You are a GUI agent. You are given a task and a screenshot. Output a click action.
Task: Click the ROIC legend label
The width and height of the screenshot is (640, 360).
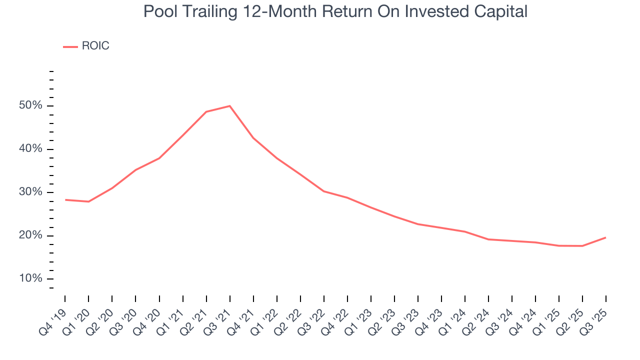point(95,46)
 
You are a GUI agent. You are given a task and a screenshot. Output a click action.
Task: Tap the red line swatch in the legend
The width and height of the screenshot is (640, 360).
point(70,46)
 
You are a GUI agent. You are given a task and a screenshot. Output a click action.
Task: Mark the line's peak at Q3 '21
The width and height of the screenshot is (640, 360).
point(229,106)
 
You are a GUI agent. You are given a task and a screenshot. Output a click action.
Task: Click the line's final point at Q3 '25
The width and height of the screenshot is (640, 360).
point(605,237)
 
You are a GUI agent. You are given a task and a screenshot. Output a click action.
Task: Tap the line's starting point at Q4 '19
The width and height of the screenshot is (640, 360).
point(65,199)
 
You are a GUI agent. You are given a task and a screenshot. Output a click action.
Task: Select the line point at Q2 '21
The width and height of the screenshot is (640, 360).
point(206,111)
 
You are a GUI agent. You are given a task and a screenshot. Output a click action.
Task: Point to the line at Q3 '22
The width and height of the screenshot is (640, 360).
point(323,191)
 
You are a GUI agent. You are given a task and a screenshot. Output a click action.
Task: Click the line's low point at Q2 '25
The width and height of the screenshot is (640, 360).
point(582,245)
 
